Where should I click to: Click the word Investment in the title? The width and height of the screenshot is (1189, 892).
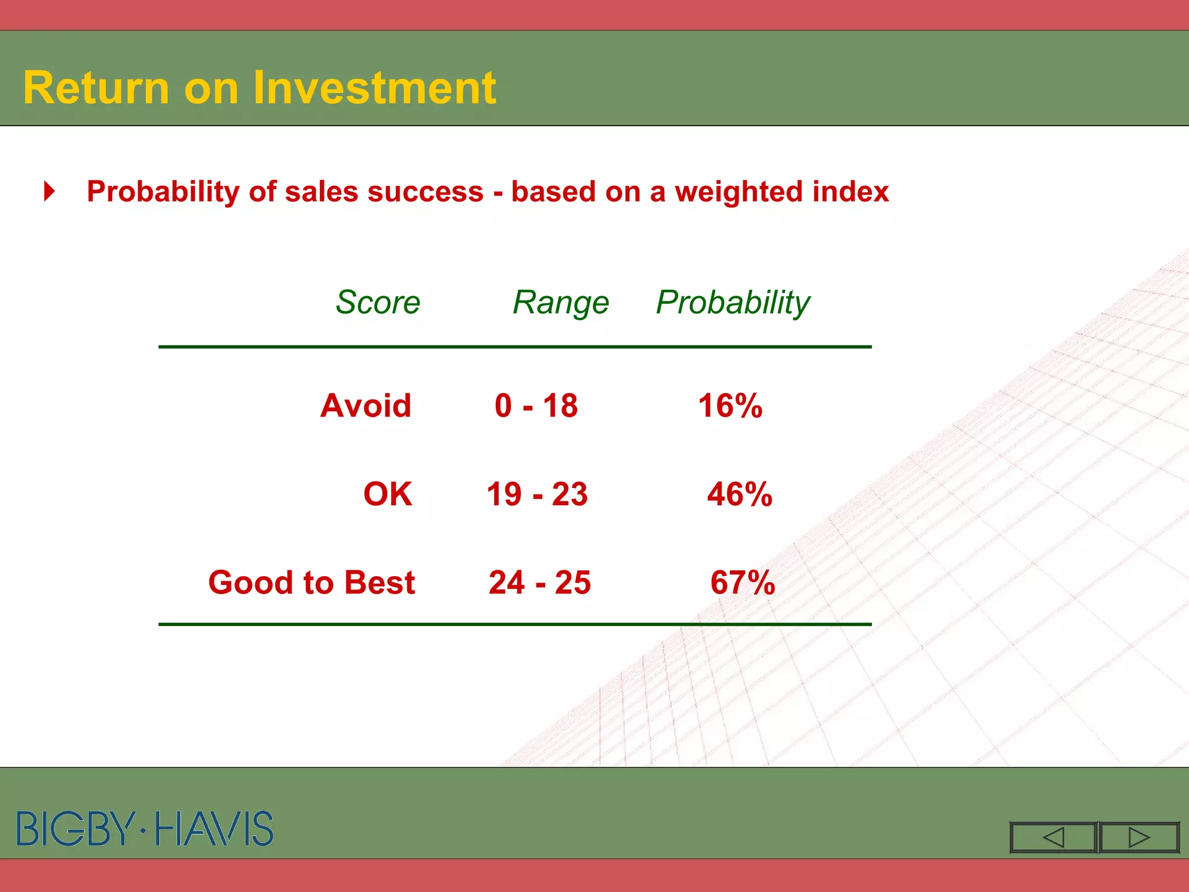374,88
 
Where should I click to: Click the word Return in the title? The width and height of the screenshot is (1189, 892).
96,88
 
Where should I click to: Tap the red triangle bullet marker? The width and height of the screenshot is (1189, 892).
50,191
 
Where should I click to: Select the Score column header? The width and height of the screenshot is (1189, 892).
378,302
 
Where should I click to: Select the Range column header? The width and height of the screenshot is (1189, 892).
561,303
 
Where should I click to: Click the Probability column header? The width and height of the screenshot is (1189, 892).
733,303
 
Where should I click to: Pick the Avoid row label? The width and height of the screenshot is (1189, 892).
366,405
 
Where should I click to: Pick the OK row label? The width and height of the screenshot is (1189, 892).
388,494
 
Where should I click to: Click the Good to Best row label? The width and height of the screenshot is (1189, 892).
312,582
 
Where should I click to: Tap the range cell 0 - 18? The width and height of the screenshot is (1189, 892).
536,405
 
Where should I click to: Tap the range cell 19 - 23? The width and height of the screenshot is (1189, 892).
537,494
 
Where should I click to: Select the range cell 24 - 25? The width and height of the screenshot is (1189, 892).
540,582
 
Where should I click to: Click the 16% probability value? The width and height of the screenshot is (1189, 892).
730,405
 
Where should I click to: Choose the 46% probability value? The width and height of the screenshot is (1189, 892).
740,494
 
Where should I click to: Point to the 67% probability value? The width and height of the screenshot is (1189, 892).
743,582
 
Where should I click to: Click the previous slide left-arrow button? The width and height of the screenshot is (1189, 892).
1053,837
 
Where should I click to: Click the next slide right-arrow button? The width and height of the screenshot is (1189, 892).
1139,837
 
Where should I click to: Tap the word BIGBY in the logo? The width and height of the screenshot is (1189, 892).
75,829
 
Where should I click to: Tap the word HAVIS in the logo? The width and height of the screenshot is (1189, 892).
214,829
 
